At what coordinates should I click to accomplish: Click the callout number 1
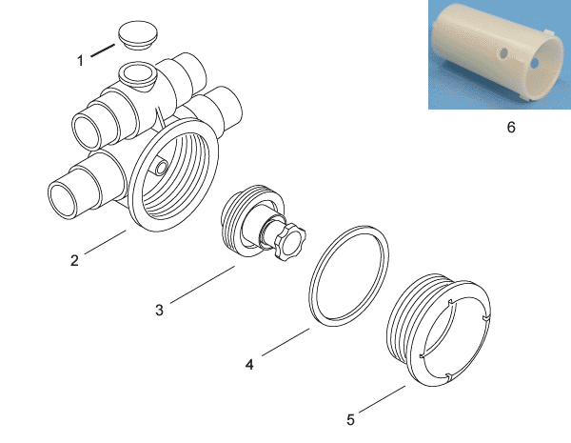tap(81, 60)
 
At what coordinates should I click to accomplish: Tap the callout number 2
tap(74, 260)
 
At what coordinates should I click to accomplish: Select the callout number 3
tap(159, 310)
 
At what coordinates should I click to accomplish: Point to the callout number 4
tap(249, 364)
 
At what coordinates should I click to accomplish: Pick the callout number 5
tap(350, 420)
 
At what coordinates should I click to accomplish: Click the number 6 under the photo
tap(511, 127)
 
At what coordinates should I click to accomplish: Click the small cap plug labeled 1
tap(138, 34)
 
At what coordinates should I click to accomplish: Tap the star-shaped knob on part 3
tap(290, 242)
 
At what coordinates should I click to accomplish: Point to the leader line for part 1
tap(103, 50)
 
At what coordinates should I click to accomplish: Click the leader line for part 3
tap(203, 285)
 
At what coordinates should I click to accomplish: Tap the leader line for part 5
tap(382, 399)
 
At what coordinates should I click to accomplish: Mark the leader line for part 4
tap(285, 342)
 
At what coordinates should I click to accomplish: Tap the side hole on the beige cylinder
tap(503, 53)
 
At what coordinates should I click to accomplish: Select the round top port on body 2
tap(137, 73)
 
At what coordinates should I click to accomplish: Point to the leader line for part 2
tap(106, 242)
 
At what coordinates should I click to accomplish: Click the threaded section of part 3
tap(230, 219)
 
